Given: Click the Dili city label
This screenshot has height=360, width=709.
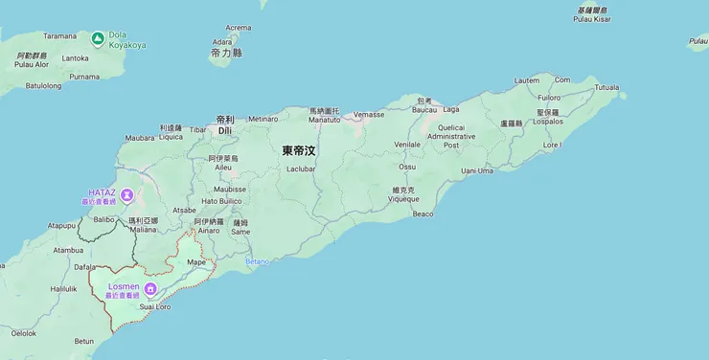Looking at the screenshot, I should click(x=225, y=130).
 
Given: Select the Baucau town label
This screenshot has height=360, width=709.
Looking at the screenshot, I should click(x=423, y=109).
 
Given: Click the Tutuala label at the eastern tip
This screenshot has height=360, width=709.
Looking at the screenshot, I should click(x=606, y=87).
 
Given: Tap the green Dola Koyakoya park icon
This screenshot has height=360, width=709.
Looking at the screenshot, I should click(x=98, y=39).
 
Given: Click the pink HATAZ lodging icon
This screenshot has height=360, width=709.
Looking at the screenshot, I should click(x=126, y=196).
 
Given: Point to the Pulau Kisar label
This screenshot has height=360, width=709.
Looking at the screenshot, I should click(x=592, y=18).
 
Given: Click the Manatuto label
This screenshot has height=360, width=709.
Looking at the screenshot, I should click(x=324, y=121).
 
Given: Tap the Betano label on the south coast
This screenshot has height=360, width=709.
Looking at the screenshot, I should click(x=258, y=261).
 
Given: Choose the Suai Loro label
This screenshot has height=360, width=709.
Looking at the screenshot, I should click(x=155, y=307).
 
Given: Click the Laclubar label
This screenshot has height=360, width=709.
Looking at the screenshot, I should click(x=300, y=169).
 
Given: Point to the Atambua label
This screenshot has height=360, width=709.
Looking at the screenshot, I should click(x=68, y=250).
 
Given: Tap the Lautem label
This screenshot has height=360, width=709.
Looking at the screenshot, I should click(x=527, y=79).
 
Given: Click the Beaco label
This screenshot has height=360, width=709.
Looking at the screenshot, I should click(x=423, y=214).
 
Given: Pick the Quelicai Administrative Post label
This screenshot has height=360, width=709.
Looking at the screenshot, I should click(x=451, y=136).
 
